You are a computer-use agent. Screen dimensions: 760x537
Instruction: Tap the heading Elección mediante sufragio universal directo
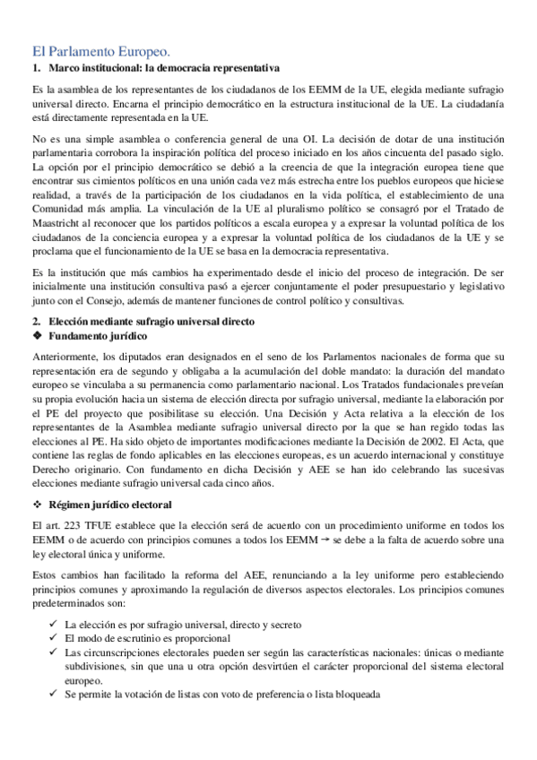152,321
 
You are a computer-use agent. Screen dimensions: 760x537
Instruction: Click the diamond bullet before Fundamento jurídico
37,335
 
